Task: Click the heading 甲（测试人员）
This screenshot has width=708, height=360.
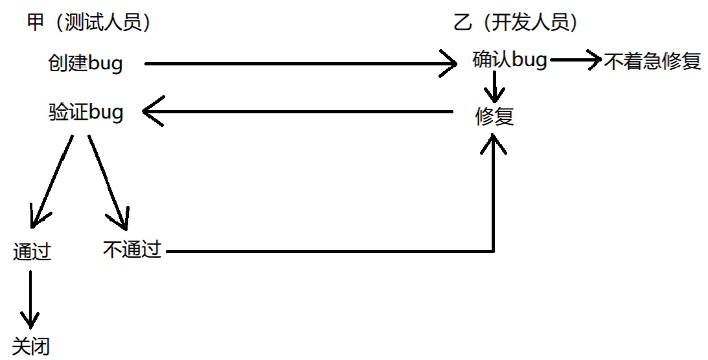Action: [89, 24]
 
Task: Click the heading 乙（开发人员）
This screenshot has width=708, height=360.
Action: [516, 24]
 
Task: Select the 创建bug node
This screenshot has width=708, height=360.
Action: [85, 63]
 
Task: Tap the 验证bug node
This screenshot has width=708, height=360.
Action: [86, 113]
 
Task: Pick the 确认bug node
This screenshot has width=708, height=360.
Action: [510, 61]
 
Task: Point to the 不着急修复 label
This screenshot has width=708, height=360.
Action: [652, 62]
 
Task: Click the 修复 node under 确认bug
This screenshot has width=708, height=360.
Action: [494, 117]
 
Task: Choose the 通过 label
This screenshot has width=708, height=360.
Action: [32, 252]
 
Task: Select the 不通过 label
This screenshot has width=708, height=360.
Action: [131, 249]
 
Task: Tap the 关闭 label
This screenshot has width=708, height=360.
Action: [30, 346]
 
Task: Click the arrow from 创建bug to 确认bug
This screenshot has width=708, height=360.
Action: [298, 64]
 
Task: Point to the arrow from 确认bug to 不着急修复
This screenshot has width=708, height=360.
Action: [575, 60]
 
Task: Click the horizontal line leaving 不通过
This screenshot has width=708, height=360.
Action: [324, 251]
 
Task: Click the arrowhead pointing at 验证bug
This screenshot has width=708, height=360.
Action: [152, 113]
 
